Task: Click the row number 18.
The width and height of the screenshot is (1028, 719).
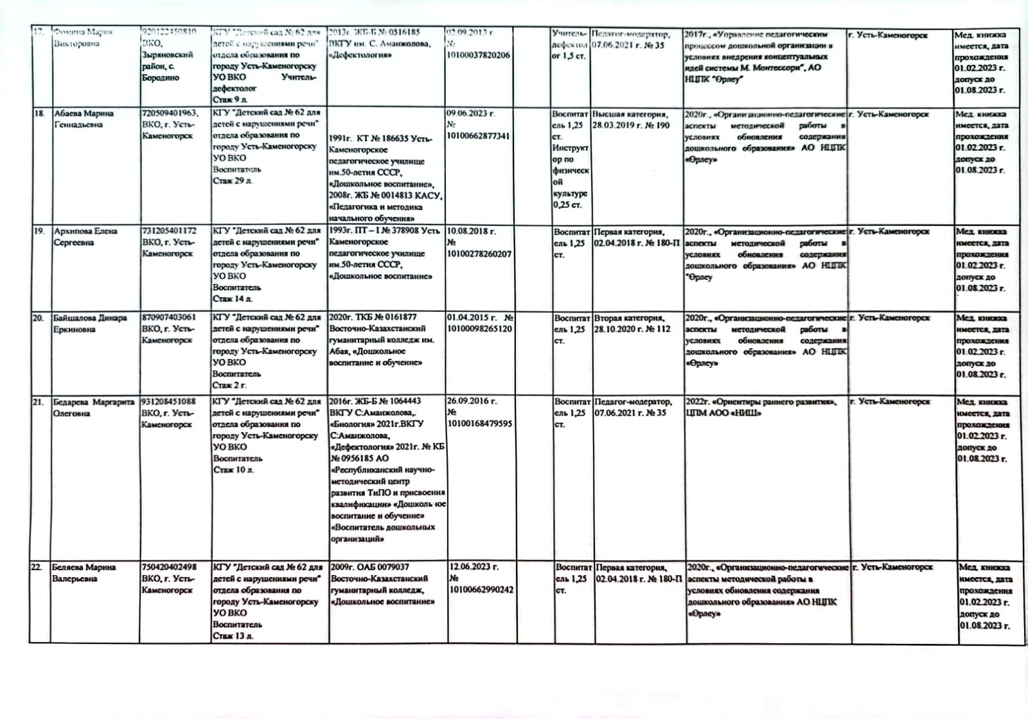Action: (x=39, y=114)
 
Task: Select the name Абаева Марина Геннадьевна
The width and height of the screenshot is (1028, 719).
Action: (x=84, y=119)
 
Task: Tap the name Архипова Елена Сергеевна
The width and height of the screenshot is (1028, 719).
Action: (x=85, y=236)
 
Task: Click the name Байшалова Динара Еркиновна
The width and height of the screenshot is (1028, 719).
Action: (x=90, y=324)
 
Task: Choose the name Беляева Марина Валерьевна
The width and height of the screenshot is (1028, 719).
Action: (x=84, y=573)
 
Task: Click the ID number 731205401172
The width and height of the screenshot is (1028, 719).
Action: (x=169, y=230)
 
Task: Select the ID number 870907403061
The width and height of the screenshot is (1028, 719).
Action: (x=169, y=317)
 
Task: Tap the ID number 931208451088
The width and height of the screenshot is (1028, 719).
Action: (x=168, y=402)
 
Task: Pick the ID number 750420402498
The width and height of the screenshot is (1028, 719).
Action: (x=169, y=567)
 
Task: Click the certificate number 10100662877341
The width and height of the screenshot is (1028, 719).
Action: (x=478, y=136)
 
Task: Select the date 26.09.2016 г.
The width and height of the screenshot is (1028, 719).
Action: (x=472, y=401)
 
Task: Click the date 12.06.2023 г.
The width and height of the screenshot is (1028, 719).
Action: (x=474, y=567)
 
